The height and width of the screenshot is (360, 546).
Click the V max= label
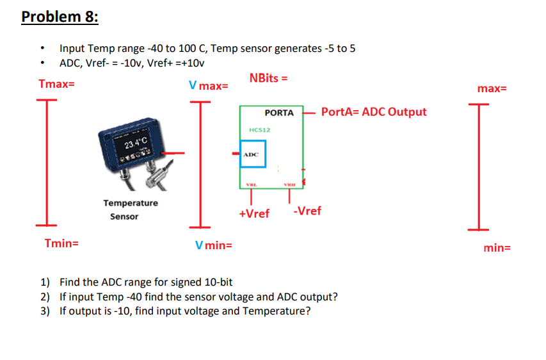(x=209, y=85)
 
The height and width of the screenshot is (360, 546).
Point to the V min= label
(x=214, y=245)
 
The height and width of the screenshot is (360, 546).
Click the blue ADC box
(x=252, y=154)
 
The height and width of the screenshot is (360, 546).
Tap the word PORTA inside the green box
(x=279, y=113)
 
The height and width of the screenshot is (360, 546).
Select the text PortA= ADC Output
(x=374, y=112)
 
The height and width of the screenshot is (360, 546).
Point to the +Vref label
(x=254, y=213)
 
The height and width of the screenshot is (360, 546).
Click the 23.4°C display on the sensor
(x=136, y=142)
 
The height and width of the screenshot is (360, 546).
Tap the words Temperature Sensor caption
(x=130, y=209)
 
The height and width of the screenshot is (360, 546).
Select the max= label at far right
(x=492, y=88)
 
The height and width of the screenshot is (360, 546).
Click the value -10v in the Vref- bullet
(x=128, y=63)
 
